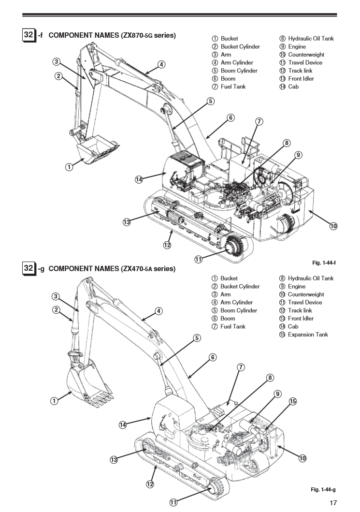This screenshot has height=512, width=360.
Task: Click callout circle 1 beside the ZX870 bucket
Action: [x=69, y=167]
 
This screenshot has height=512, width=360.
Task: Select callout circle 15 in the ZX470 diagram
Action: [x=292, y=401]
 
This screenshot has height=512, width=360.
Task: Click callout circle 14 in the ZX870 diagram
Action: [x=139, y=179]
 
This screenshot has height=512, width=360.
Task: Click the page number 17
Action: [x=333, y=503]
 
